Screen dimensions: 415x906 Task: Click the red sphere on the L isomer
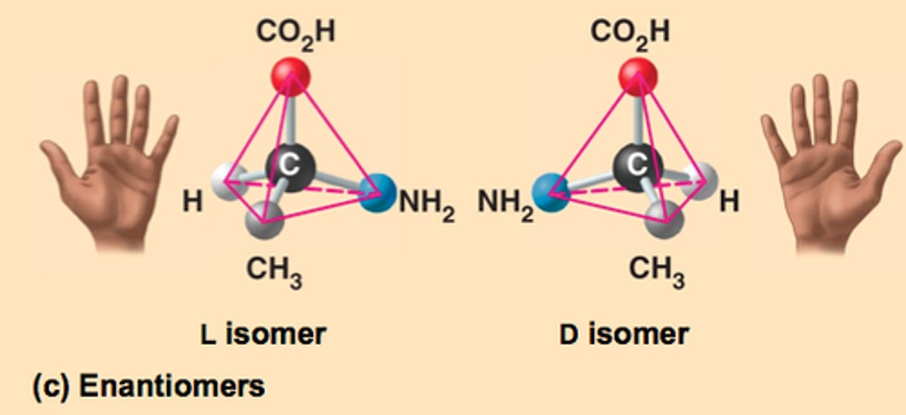291,77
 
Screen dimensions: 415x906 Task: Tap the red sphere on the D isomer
638,77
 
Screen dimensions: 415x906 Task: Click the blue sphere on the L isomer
377,193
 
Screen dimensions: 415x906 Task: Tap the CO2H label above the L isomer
295,31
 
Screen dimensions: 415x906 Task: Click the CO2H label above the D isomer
630,31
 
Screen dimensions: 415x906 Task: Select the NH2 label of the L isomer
427,204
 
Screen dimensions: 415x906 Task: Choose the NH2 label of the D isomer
505,204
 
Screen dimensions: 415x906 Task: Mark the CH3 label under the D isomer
656,271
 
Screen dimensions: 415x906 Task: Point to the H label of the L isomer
193,203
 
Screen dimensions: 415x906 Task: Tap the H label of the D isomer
729,203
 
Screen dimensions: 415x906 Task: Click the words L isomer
263,333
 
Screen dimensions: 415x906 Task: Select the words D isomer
624,333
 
